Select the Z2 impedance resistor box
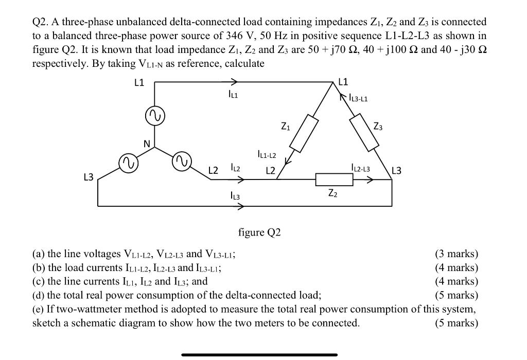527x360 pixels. [334, 179]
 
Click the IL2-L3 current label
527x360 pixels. [360, 168]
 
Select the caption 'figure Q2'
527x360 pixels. [259, 232]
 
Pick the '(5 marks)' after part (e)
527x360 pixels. [456, 323]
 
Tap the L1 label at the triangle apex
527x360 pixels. [343, 81]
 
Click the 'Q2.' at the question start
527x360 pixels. [41, 22]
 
